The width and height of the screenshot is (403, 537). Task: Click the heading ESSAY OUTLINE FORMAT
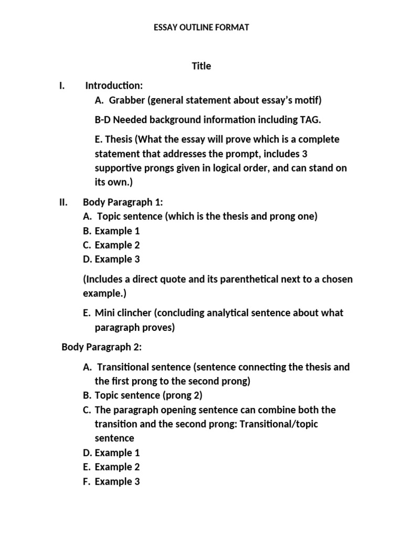(x=201, y=27)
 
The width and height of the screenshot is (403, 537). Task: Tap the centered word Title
(x=201, y=66)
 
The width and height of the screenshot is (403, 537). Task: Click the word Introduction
(x=114, y=85)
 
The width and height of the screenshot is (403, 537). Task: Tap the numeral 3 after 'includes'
(x=305, y=154)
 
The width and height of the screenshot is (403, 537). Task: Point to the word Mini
(x=105, y=313)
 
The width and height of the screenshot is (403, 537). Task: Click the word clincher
(x=134, y=313)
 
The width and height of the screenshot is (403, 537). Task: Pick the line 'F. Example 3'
(x=111, y=481)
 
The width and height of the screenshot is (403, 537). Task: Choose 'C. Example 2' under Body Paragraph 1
(x=111, y=245)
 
